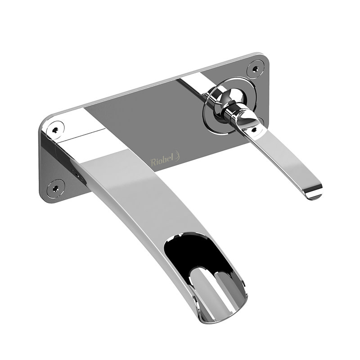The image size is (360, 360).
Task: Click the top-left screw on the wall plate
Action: point(55,129)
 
